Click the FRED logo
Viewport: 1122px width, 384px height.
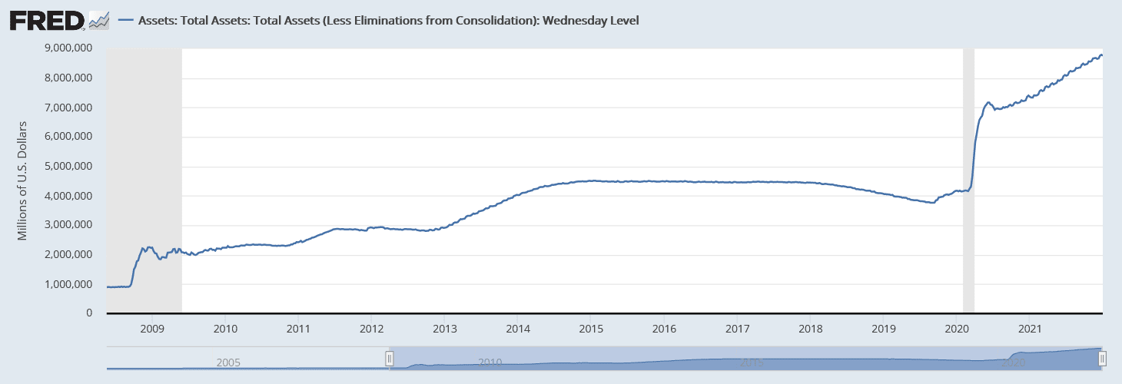[47, 20]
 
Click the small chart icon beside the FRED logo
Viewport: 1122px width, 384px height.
[99, 21]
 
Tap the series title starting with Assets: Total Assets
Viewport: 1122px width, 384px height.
[388, 21]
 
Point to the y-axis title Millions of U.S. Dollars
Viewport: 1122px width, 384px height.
[23, 180]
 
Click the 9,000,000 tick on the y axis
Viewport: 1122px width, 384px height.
[71, 48]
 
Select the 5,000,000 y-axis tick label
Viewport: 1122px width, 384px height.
[71, 166]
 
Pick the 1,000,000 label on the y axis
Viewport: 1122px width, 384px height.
[71, 284]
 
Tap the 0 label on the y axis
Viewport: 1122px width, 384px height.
[89, 313]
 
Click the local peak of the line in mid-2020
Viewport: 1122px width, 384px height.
[989, 102]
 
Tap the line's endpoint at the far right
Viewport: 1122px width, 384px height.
[1102, 55]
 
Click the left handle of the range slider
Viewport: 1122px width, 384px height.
[390, 359]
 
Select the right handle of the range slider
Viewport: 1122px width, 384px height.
[1102, 359]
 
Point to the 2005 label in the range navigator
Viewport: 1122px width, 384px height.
[229, 362]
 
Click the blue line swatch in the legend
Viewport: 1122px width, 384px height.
[126, 21]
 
